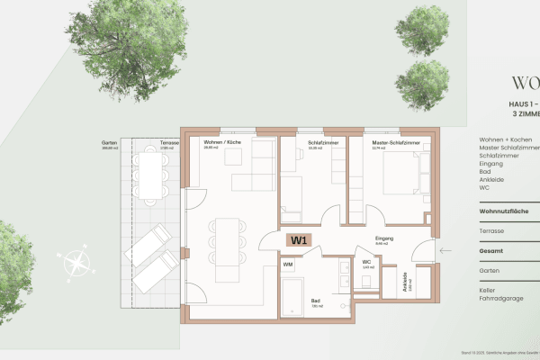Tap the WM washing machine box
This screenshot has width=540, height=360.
[x=288, y=265]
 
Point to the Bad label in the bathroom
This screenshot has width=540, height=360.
[x=316, y=301]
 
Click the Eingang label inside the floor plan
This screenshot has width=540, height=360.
[x=384, y=238]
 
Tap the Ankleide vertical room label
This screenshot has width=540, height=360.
[x=406, y=282]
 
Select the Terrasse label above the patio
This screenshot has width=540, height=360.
[x=169, y=143]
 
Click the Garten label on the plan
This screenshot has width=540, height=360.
[x=110, y=143]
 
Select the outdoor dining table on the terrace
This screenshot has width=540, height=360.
[x=150, y=174]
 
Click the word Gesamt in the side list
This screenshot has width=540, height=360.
[x=491, y=251]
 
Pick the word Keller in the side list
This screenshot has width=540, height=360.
[x=488, y=290]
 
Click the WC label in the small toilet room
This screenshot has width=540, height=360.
[x=367, y=263]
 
